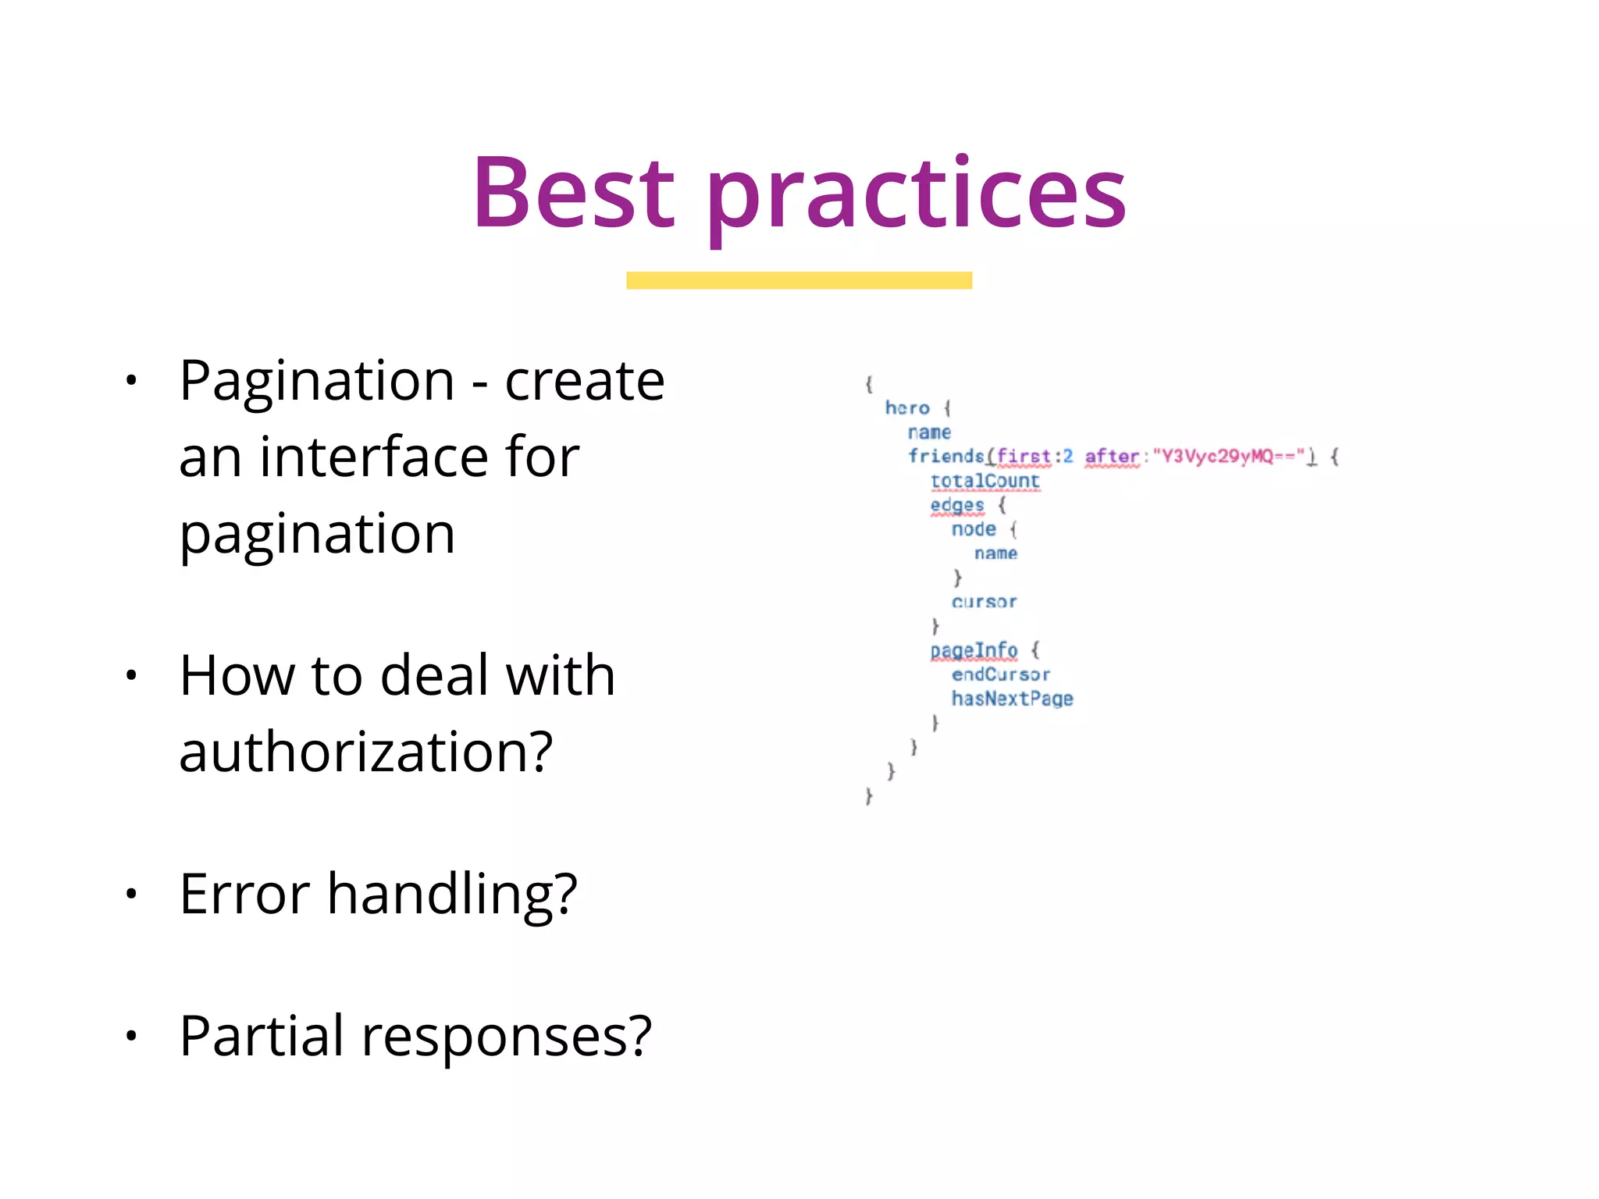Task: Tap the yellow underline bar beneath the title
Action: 799,280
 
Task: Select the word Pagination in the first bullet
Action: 317,382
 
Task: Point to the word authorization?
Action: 365,752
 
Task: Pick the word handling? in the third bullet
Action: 452,895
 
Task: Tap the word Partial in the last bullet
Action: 261,1036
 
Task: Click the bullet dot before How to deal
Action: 131,675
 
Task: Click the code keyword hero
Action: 907,408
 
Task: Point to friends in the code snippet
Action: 946,456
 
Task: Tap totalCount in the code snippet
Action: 985,481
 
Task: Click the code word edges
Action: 956,505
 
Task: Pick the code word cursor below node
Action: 984,602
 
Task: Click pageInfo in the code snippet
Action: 974,650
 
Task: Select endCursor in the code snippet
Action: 1000,674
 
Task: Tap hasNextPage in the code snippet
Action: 1012,699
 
